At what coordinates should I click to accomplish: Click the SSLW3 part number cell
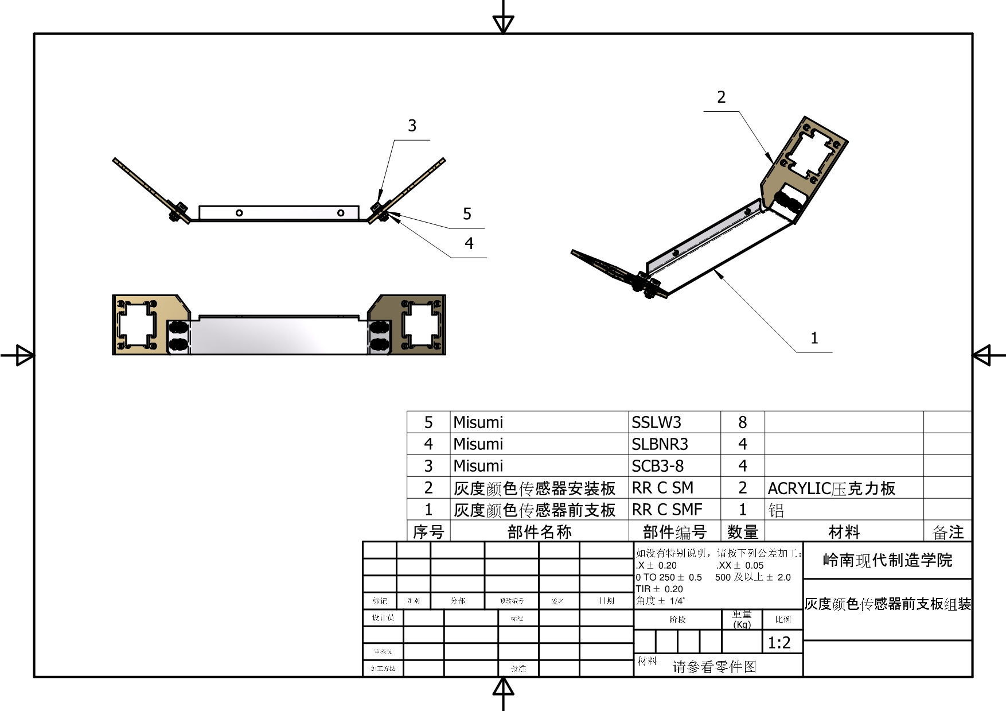(x=656, y=422)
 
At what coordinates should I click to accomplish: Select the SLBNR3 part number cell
(x=660, y=444)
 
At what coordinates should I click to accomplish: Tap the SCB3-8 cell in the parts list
(x=657, y=466)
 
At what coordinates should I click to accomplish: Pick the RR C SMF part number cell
(x=666, y=510)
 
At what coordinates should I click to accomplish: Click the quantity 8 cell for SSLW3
(x=742, y=422)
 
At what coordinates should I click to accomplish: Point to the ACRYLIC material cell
(x=831, y=488)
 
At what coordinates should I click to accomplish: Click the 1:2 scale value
(x=779, y=643)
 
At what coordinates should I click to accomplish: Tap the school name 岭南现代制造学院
(x=887, y=560)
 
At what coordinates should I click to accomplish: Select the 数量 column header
(x=743, y=532)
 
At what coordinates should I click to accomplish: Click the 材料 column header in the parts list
(x=844, y=532)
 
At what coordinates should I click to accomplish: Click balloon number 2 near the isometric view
(x=721, y=97)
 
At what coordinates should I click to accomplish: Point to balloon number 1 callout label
(x=814, y=337)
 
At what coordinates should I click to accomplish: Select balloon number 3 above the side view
(x=412, y=126)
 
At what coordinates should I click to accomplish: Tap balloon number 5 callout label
(x=467, y=214)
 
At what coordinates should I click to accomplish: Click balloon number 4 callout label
(x=469, y=243)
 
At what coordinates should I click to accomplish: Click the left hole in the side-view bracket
(x=239, y=213)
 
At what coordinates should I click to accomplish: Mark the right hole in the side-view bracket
(x=341, y=213)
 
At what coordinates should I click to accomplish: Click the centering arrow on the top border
(x=503, y=24)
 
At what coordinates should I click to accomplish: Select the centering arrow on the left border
(x=24, y=355)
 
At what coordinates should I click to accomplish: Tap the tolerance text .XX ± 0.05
(x=739, y=565)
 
